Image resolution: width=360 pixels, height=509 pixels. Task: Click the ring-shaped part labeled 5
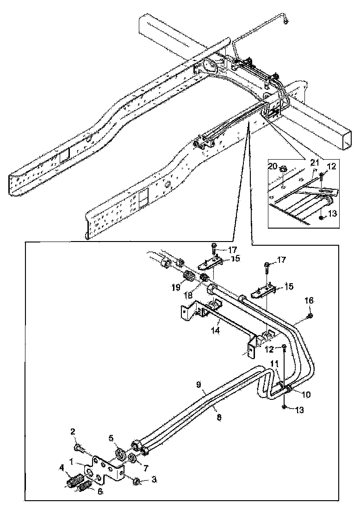click(119, 453)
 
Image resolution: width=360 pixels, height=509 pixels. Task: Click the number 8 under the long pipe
click(219, 417)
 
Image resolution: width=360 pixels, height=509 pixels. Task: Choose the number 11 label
click(275, 364)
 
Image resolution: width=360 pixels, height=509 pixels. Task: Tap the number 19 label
click(176, 287)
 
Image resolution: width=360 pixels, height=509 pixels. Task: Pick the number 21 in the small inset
click(314, 162)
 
